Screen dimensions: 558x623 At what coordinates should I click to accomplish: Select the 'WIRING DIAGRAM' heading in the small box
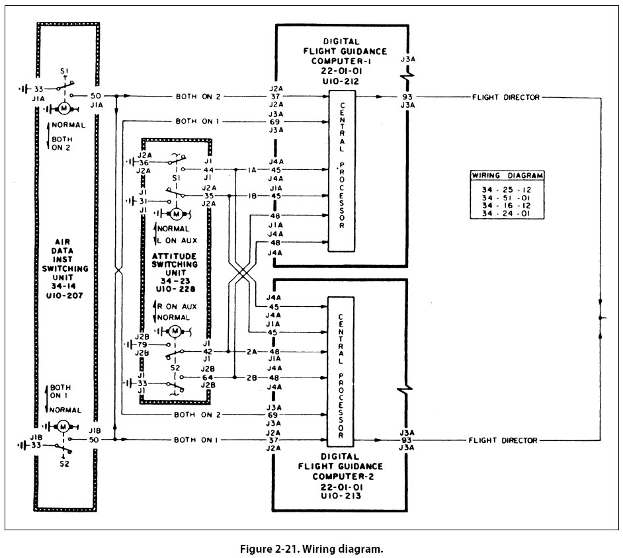tap(507, 176)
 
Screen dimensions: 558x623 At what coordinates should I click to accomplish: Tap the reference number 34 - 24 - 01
tap(507, 214)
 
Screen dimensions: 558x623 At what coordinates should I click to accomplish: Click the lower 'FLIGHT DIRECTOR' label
tap(503, 440)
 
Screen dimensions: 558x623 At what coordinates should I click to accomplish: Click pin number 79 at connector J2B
tap(143, 344)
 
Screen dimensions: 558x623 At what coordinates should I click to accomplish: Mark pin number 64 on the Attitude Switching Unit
tap(207, 377)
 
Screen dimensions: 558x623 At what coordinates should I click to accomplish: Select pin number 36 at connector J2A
tap(143, 162)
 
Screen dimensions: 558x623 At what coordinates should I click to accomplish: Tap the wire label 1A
tap(252, 170)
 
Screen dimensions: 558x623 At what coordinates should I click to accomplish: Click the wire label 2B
tap(252, 377)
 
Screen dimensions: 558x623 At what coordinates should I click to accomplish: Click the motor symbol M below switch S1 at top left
tap(64, 107)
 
